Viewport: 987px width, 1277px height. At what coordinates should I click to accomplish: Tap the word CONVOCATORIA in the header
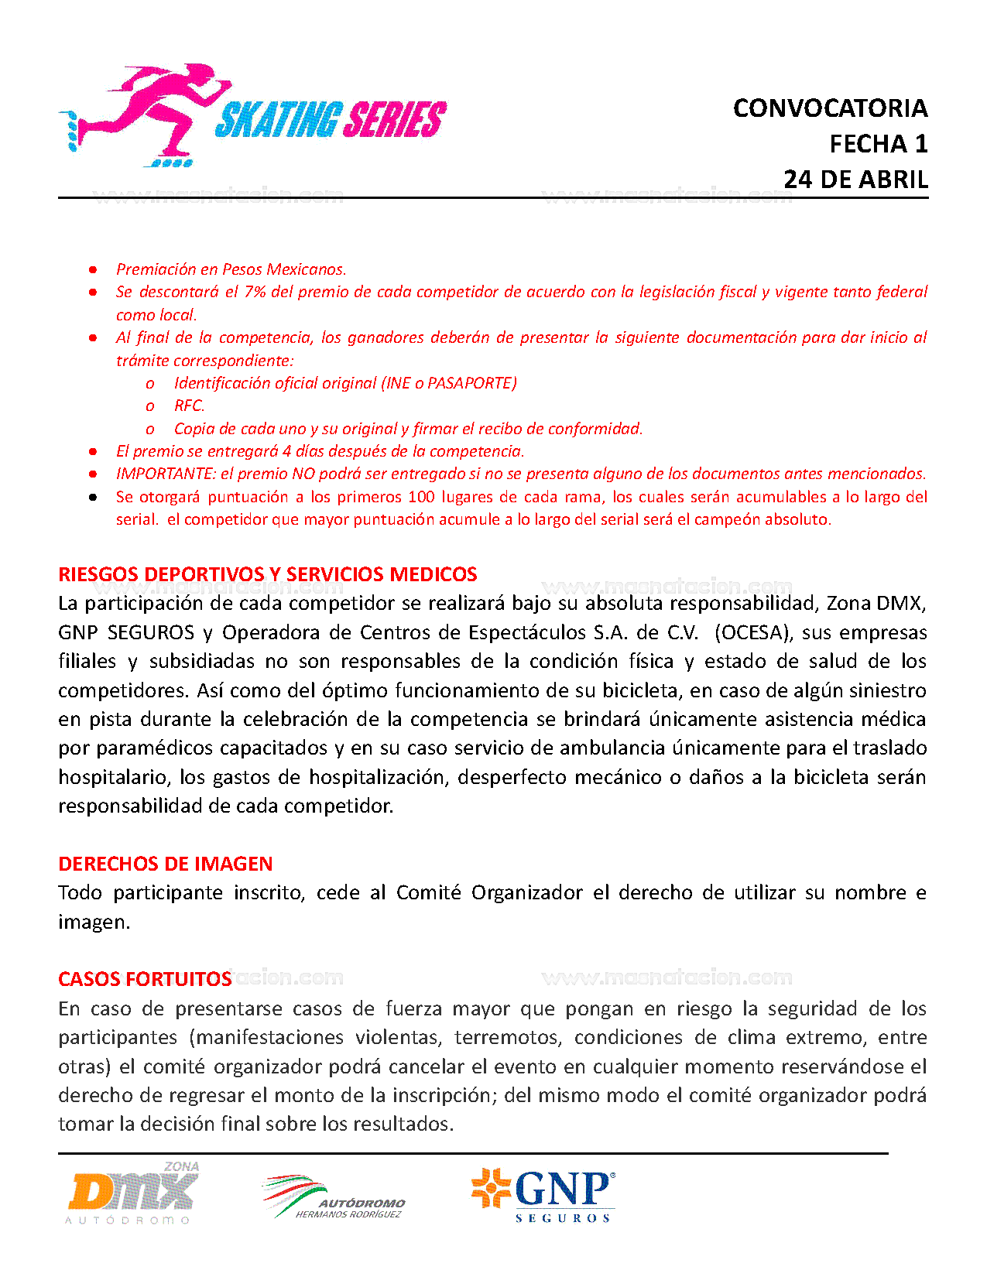pyautogui.click(x=830, y=108)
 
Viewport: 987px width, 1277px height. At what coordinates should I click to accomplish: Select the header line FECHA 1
pyautogui.click(x=878, y=144)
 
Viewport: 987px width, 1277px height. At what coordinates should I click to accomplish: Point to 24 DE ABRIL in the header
pyautogui.click(x=855, y=180)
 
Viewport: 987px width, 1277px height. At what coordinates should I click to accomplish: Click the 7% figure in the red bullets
pyautogui.click(x=255, y=292)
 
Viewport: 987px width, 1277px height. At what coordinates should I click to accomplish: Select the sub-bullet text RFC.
pyautogui.click(x=189, y=406)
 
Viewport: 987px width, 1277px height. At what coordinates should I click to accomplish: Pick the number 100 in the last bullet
pyautogui.click(x=421, y=497)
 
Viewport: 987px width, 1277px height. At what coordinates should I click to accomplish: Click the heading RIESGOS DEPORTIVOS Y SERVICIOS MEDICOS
pyautogui.click(x=268, y=574)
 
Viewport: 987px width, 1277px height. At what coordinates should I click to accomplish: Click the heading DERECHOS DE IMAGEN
pyautogui.click(x=166, y=864)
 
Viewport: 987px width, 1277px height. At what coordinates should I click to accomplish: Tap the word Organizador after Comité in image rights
pyautogui.click(x=526, y=892)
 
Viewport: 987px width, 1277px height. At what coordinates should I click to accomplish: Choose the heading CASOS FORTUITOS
pyautogui.click(x=145, y=979)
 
